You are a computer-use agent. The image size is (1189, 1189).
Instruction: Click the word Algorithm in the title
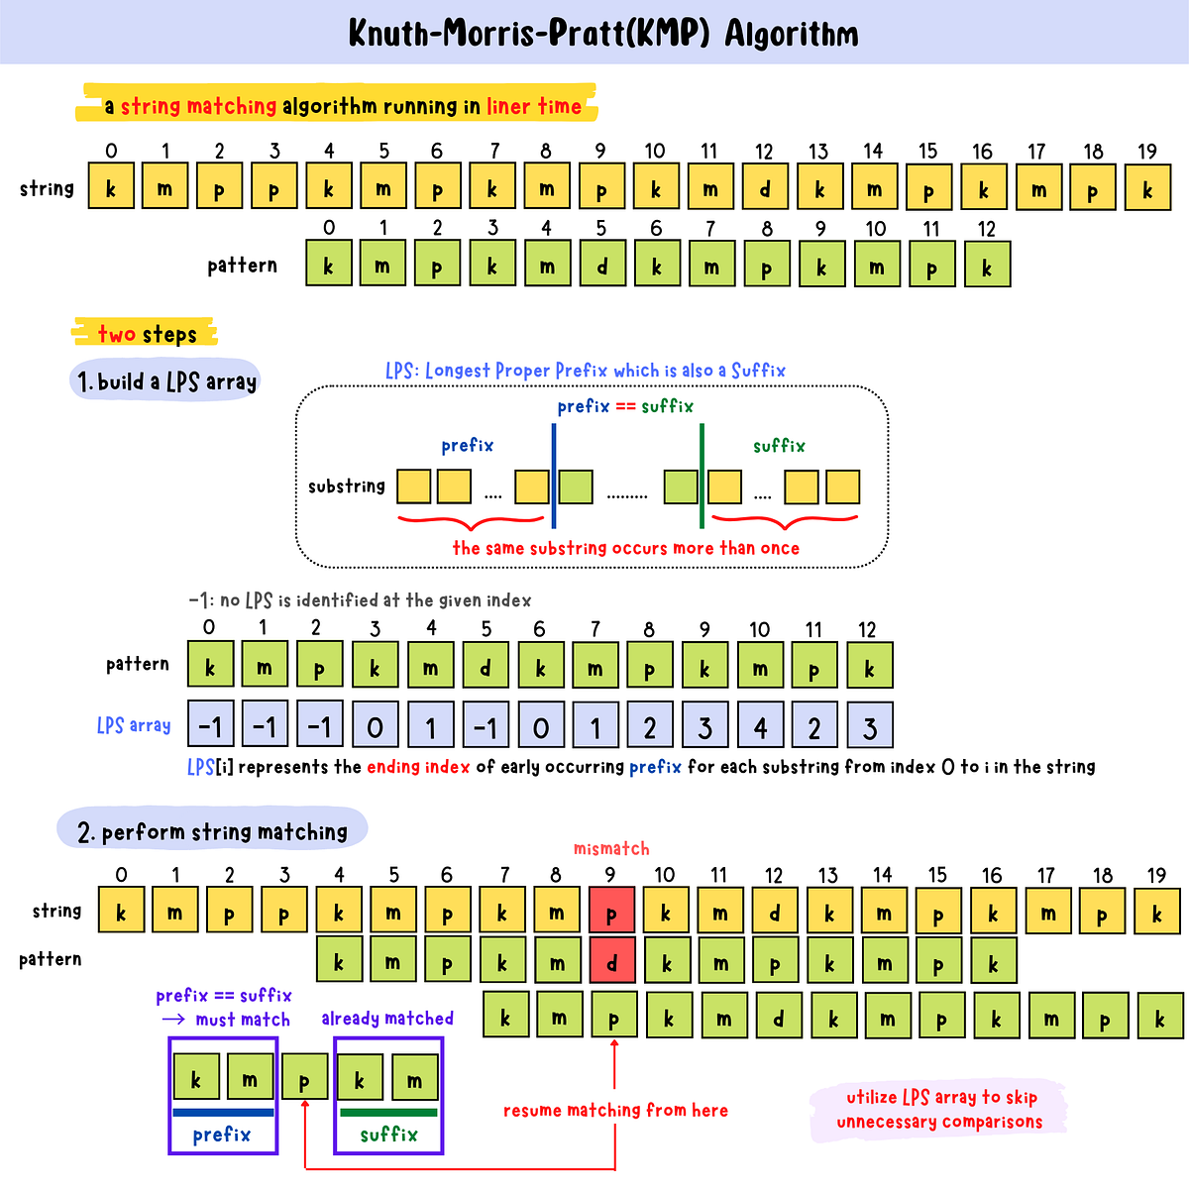point(791,35)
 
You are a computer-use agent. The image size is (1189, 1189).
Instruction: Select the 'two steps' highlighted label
point(147,334)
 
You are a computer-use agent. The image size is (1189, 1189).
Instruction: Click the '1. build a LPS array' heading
point(166,381)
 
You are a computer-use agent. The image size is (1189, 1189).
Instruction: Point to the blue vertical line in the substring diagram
point(553,476)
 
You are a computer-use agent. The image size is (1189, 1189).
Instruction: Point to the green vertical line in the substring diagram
point(702,476)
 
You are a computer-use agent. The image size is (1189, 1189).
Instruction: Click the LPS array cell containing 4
point(760,725)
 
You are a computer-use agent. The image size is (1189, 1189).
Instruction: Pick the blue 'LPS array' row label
point(134,725)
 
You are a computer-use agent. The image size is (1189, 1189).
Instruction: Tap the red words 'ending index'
point(418,767)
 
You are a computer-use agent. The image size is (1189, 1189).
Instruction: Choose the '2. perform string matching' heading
point(213,831)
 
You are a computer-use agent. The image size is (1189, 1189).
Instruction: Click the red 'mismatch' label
point(611,849)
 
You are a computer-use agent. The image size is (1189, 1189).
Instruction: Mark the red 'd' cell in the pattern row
point(611,962)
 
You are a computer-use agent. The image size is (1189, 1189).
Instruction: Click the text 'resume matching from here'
point(615,1111)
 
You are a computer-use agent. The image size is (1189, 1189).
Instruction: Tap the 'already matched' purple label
point(387,1019)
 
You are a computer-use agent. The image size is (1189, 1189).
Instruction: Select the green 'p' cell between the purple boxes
point(304,1080)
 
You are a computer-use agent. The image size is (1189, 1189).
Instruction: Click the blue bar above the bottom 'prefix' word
point(223,1113)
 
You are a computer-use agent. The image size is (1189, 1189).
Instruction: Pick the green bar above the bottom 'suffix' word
point(388,1113)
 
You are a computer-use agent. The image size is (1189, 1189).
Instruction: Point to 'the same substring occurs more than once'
point(625,549)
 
